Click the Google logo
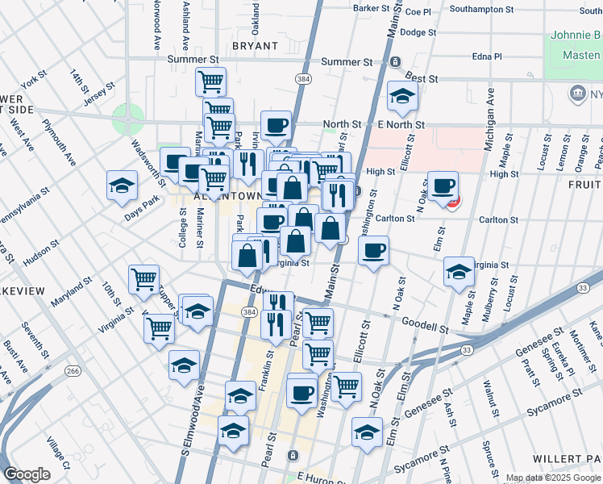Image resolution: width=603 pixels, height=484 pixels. coord(27,474)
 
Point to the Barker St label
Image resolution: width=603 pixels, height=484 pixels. coord(372,8)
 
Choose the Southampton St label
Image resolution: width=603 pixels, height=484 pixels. coord(481,10)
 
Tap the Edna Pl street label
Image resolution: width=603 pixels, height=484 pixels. coord(486,56)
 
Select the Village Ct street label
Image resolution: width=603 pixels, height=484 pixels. coord(57,453)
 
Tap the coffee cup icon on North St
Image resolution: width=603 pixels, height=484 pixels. coord(276,125)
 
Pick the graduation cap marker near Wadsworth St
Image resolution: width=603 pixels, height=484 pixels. coord(122,186)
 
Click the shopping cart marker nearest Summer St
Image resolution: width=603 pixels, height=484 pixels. coord(210,81)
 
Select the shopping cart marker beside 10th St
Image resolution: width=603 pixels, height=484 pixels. coord(143,279)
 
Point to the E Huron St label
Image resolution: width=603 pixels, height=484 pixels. coord(320,477)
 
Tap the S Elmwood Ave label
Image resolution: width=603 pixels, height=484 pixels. coord(189,419)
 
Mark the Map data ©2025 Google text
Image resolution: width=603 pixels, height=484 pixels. coord(553,478)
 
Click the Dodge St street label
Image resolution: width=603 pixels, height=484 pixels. coord(418,33)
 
